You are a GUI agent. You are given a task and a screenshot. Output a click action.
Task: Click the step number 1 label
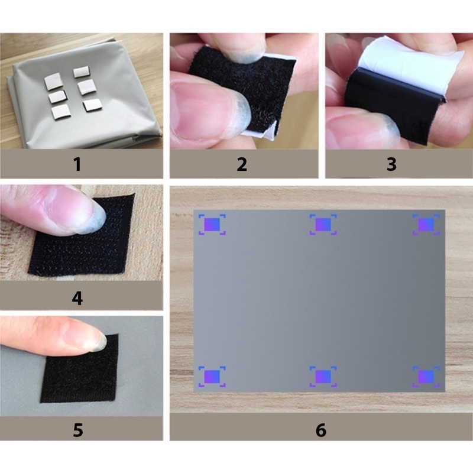(77, 164)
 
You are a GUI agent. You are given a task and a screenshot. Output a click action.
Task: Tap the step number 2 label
(242, 164)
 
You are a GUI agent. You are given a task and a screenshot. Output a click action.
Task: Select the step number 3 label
(391, 164)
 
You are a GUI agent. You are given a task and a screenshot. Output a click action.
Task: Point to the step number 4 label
(77, 299)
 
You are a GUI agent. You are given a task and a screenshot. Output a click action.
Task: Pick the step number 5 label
(78, 430)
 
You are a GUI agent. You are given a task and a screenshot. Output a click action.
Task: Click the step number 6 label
(321, 430)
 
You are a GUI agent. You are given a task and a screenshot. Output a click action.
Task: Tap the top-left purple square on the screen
(212, 225)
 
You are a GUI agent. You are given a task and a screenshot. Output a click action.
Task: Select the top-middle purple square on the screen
(323, 225)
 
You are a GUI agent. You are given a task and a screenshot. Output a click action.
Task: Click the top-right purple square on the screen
(426, 225)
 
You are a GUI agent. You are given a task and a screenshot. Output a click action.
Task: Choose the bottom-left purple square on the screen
(212, 377)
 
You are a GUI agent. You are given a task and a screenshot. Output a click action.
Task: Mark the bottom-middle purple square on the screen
(323, 377)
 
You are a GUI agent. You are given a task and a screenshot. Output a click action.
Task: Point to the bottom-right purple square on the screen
(426, 377)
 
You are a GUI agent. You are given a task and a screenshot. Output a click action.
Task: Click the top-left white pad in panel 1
(53, 82)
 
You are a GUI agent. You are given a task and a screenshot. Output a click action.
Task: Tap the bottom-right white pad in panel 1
(92, 105)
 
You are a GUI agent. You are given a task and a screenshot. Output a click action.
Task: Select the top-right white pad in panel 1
(81, 72)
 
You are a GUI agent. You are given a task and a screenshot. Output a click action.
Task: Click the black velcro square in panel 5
(80, 368)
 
